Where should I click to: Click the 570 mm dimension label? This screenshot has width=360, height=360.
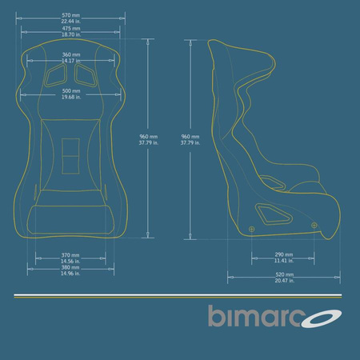click(70, 15)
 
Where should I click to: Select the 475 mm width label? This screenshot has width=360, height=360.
click(70, 29)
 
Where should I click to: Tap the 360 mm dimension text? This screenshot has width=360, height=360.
click(70, 55)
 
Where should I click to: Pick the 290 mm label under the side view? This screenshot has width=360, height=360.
click(283, 255)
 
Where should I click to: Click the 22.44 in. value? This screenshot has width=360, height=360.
click(70, 21)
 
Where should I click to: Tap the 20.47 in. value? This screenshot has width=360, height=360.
click(283, 282)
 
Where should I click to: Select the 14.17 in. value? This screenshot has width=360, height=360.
click(70, 61)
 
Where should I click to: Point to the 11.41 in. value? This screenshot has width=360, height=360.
click(283, 261)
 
